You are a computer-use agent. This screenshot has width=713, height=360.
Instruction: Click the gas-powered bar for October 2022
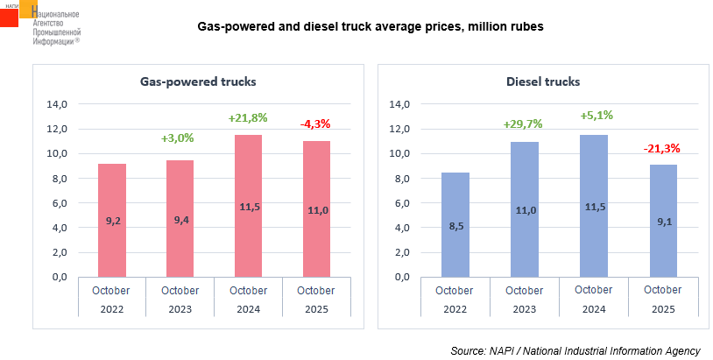coord(111,220)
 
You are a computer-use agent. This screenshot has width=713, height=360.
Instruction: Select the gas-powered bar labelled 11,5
coord(248,206)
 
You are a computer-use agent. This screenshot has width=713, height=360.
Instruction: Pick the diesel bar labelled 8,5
coord(455,224)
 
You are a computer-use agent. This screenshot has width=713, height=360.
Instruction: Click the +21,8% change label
coord(248,117)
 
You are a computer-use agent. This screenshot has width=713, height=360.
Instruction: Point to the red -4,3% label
coord(315,124)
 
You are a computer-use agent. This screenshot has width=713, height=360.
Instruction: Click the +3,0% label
coord(178,138)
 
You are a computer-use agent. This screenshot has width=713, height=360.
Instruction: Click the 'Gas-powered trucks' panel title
coord(198,82)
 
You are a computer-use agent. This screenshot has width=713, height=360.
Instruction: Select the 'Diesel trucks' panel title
coord(543,82)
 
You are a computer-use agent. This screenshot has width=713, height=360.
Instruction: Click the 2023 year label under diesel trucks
coord(523,308)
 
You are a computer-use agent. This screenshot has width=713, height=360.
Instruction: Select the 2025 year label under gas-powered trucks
coord(316,308)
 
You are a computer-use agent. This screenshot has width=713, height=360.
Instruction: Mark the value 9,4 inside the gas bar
coord(180,220)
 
